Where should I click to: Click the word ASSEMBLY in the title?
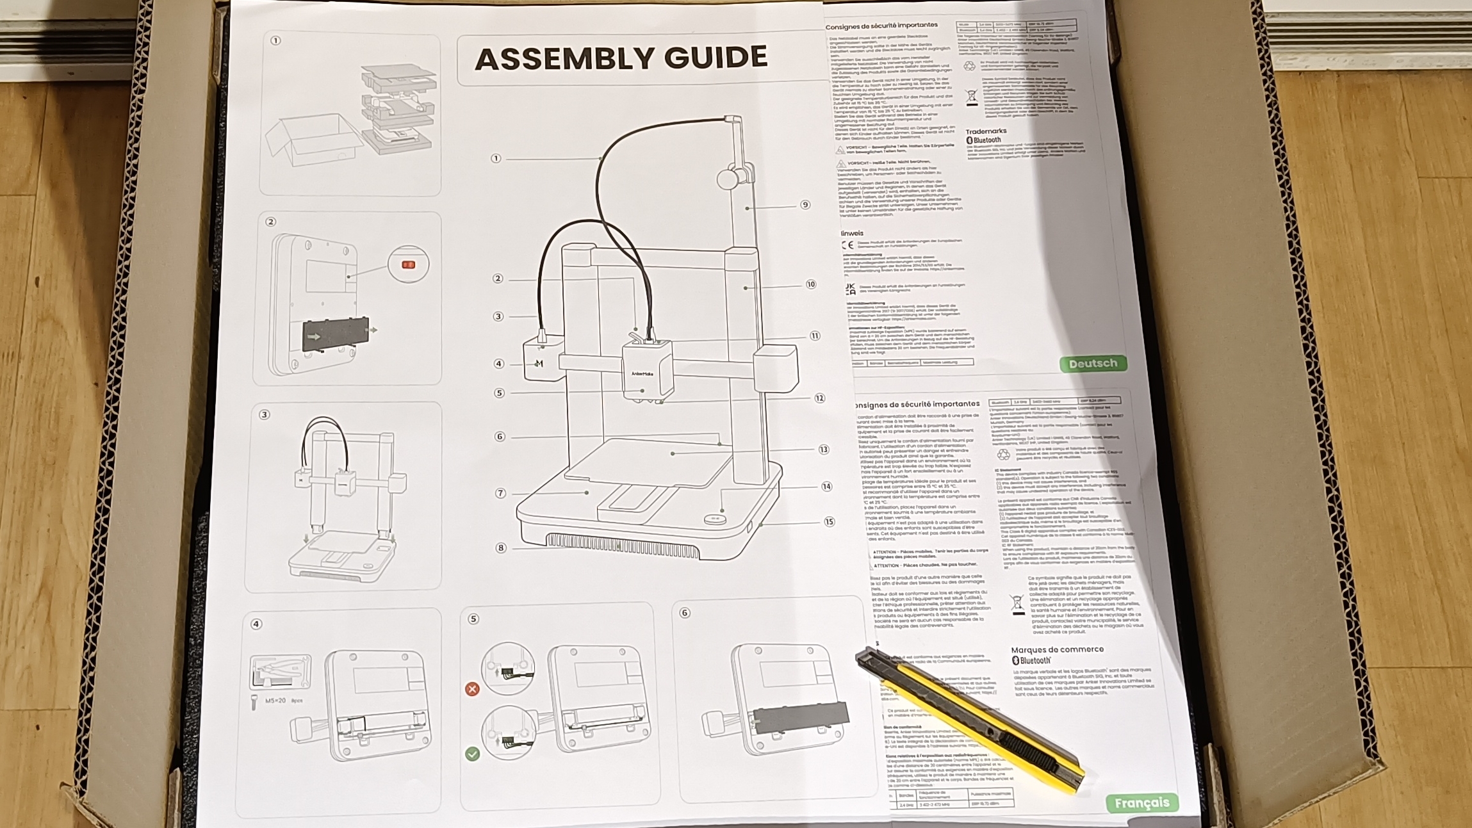click(x=564, y=59)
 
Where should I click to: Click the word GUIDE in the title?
click(x=716, y=58)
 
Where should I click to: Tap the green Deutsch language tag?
click(x=1092, y=364)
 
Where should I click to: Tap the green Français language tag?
click(x=1141, y=803)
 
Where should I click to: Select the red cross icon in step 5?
click(x=472, y=689)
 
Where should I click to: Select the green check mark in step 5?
click(x=472, y=754)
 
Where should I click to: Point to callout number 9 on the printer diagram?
click(x=805, y=205)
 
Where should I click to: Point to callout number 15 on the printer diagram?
click(x=830, y=522)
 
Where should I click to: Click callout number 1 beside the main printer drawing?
click(x=496, y=158)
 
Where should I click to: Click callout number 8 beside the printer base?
click(x=501, y=548)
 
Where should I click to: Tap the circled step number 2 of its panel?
click(x=271, y=222)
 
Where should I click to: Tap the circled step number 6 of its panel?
click(x=685, y=613)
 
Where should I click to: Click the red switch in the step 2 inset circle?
click(x=408, y=264)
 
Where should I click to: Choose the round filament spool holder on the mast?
click(x=728, y=178)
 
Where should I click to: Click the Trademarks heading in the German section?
click(x=986, y=131)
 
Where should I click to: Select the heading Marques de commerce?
click(x=1057, y=649)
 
